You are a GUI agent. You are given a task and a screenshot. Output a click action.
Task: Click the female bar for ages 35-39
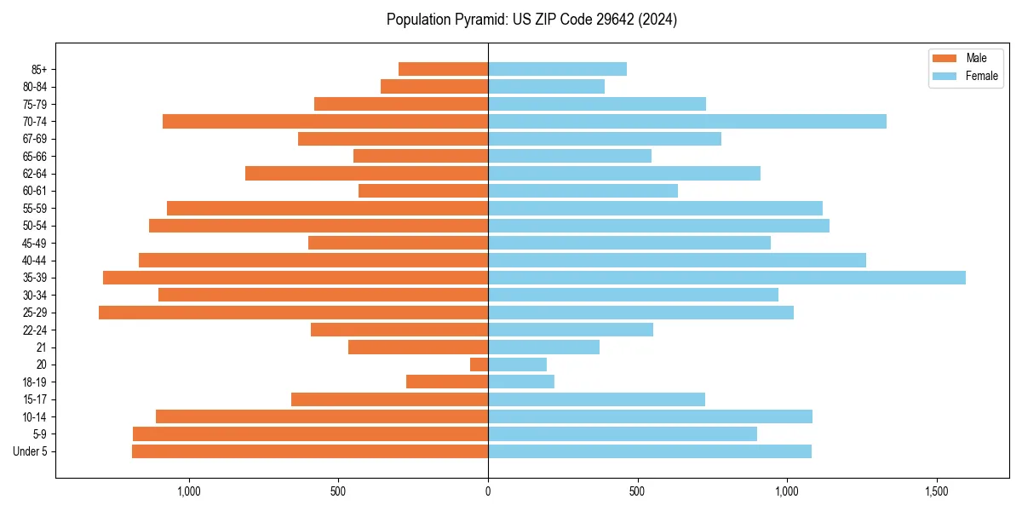(x=726, y=278)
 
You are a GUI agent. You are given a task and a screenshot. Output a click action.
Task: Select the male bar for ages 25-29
(x=294, y=313)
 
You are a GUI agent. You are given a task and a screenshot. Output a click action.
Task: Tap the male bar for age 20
(x=479, y=365)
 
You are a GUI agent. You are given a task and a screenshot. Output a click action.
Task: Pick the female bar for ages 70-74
(x=687, y=122)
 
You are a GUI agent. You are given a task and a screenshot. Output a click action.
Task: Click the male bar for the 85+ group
(x=443, y=69)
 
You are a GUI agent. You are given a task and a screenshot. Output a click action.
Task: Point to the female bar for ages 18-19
(x=521, y=382)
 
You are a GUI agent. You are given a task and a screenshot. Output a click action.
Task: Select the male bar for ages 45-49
(x=399, y=243)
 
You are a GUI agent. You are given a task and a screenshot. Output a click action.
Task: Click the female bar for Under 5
(x=650, y=451)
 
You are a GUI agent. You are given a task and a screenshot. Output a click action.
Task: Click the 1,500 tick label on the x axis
(x=937, y=491)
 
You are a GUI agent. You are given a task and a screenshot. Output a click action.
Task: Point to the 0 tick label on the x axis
(x=488, y=491)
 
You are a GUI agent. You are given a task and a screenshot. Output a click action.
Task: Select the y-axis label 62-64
(x=34, y=174)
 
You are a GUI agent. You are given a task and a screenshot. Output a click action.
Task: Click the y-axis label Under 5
(x=31, y=451)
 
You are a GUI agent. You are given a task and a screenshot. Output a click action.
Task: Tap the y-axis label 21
(x=42, y=347)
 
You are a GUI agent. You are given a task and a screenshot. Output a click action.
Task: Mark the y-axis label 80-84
(x=34, y=87)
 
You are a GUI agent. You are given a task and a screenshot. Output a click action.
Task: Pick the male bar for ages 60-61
(x=423, y=191)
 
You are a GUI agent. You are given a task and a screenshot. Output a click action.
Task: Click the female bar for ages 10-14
(x=650, y=416)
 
